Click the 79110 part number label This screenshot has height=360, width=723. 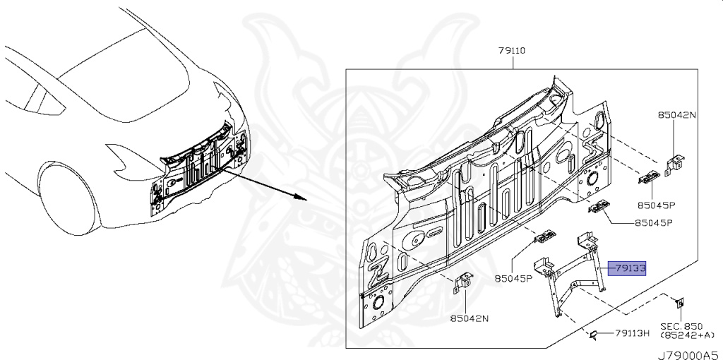point(510,51)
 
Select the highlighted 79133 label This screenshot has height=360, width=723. point(628,268)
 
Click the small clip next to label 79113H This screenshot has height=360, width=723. point(594,333)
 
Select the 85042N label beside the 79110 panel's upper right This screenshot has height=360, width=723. point(676,114)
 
